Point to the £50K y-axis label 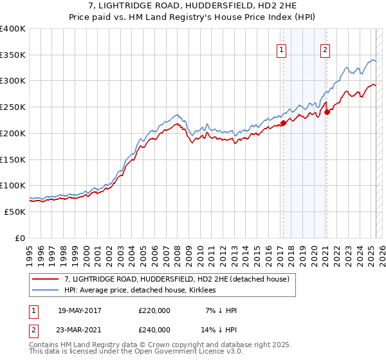tap(14, 212)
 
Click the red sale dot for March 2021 tap(327, 112)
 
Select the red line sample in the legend tap(47, 279)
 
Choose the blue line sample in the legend tap(47, 290)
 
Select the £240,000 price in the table tap(154, 329)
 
